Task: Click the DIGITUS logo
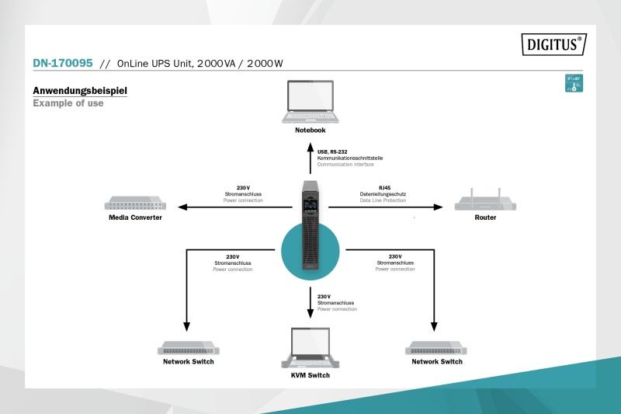(552, 45)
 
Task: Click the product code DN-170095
(63, 64)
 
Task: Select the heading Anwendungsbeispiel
(80, 91)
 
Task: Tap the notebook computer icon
(310, 103)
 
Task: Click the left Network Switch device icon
(188, 348)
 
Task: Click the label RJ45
(385, 188)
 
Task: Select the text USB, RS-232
(333, 152)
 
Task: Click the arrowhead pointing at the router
(438, 207)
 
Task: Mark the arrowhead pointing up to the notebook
(310, 144)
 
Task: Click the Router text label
(485, 217)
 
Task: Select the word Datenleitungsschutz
(383, 194)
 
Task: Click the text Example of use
(68, 103)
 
